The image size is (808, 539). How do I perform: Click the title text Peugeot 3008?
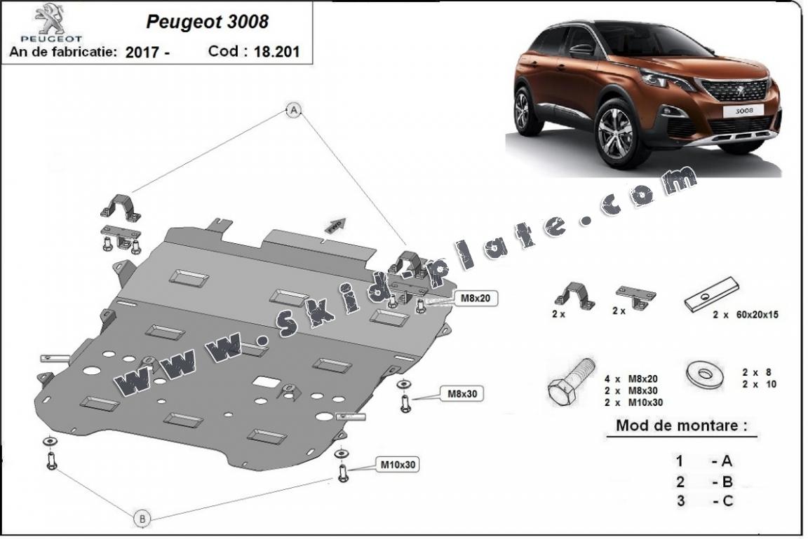tap(207, 22)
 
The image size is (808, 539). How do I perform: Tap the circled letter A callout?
tap(294, 109)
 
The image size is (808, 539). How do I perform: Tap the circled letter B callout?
tap(142, 519)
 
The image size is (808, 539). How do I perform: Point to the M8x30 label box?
tap(462, 394)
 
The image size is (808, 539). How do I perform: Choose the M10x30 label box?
tap(398, 464)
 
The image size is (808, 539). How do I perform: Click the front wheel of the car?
tap(614, 133)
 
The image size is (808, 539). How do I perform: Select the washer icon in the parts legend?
tap(703, 373)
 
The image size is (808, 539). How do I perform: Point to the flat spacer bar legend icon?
tap(711, 293)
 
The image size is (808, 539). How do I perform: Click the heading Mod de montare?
tap(680, 425)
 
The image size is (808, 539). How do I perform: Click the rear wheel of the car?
tap(523, 110)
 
